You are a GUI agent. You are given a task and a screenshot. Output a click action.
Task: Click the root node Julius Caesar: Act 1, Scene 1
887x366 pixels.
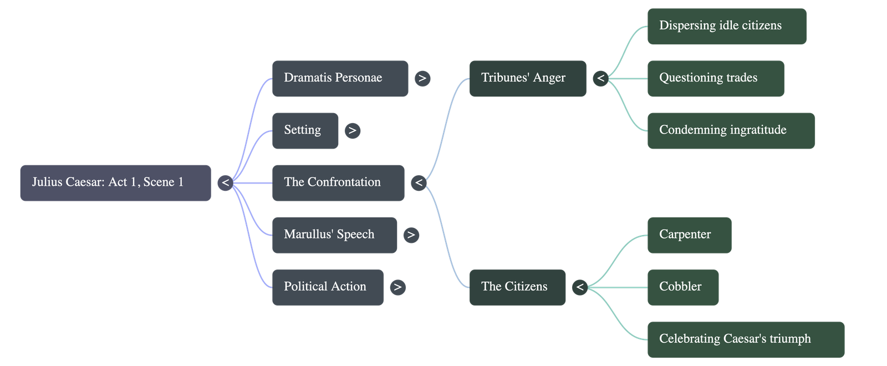click(115, 182)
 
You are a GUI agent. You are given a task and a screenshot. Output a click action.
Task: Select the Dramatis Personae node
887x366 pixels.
click(340, 78)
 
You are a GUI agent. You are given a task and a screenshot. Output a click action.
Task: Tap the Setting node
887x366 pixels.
click(305, 130)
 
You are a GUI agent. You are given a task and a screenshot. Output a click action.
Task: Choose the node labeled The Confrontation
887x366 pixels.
click(338, 182)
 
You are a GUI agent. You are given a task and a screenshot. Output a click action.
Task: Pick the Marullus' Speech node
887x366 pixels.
click(334, 235)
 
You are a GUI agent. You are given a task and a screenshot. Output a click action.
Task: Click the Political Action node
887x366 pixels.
click(327, 287)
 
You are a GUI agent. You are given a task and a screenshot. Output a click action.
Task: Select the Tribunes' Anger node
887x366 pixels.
click(527, 78)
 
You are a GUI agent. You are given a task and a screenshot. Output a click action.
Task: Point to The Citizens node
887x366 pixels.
click(517, 287)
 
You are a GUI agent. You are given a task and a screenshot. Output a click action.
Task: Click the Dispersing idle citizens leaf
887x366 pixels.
click(726, 26)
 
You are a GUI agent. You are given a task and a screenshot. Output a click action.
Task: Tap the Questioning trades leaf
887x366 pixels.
click(715, 78)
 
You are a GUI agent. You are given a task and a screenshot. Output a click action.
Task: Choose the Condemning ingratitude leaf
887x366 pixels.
click(731, 130)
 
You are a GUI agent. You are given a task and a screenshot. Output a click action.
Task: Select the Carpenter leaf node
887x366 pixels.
click(689, 235)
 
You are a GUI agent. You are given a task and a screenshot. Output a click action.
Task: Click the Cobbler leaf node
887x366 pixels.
click(682, 287)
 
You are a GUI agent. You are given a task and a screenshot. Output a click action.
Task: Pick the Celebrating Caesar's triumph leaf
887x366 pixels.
click(745, 339)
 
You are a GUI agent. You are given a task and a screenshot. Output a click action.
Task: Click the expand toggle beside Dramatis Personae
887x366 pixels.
click(422, 78)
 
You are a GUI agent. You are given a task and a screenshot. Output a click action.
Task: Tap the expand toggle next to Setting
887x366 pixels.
click(353, 131)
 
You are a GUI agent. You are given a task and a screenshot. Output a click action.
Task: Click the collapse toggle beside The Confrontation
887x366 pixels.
click(419, 182)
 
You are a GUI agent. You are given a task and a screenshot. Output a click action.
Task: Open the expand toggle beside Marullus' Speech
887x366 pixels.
click(411, 235)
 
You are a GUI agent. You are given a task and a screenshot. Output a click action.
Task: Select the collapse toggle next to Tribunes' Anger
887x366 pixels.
click(600, 78)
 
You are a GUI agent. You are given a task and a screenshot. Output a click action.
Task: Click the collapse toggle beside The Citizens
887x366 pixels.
click(580, 287)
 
